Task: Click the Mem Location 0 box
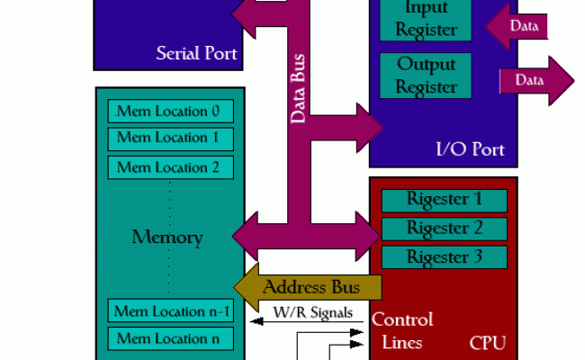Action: coord(171,112)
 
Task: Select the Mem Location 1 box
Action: coord(171,139)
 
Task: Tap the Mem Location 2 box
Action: coord(171,166)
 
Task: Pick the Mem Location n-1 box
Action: coord(171,311)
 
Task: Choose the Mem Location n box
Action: coord(171,338)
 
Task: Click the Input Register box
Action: coord(425,19)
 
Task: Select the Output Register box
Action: coord(425,76)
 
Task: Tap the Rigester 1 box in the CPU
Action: coord(445,200)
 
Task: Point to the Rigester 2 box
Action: coord(445,229)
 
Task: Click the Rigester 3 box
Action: coord(445,257)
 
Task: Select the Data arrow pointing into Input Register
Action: coord(517,26)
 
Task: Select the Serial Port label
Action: coord(196,53)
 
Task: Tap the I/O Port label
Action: coord(469,149)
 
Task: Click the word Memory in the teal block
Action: coord(167,238)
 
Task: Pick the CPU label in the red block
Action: coord(487,343)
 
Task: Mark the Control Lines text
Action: coord(401,331)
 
